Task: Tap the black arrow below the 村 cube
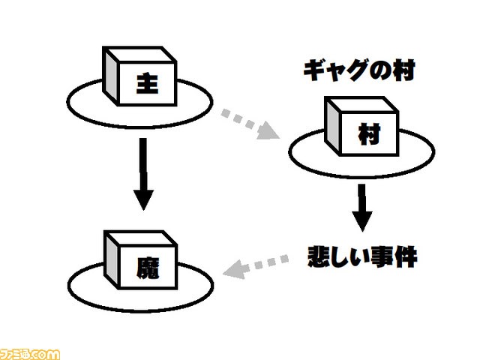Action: (361, 206)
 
